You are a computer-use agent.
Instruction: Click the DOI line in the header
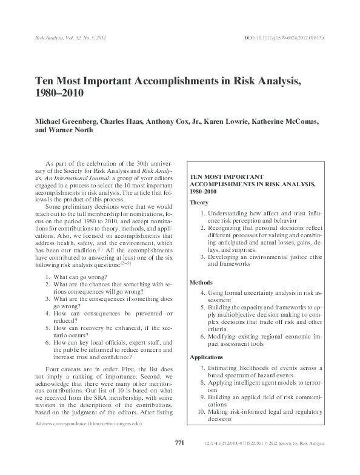coord(284,38)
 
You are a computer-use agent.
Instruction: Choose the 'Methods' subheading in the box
coord(201,283)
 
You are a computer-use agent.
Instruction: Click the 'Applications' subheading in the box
coord(206,357)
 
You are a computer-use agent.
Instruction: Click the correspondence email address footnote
coord(89,441)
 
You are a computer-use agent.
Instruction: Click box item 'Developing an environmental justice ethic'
coord(265,257)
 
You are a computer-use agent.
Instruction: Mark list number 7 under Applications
coord(202,368)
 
